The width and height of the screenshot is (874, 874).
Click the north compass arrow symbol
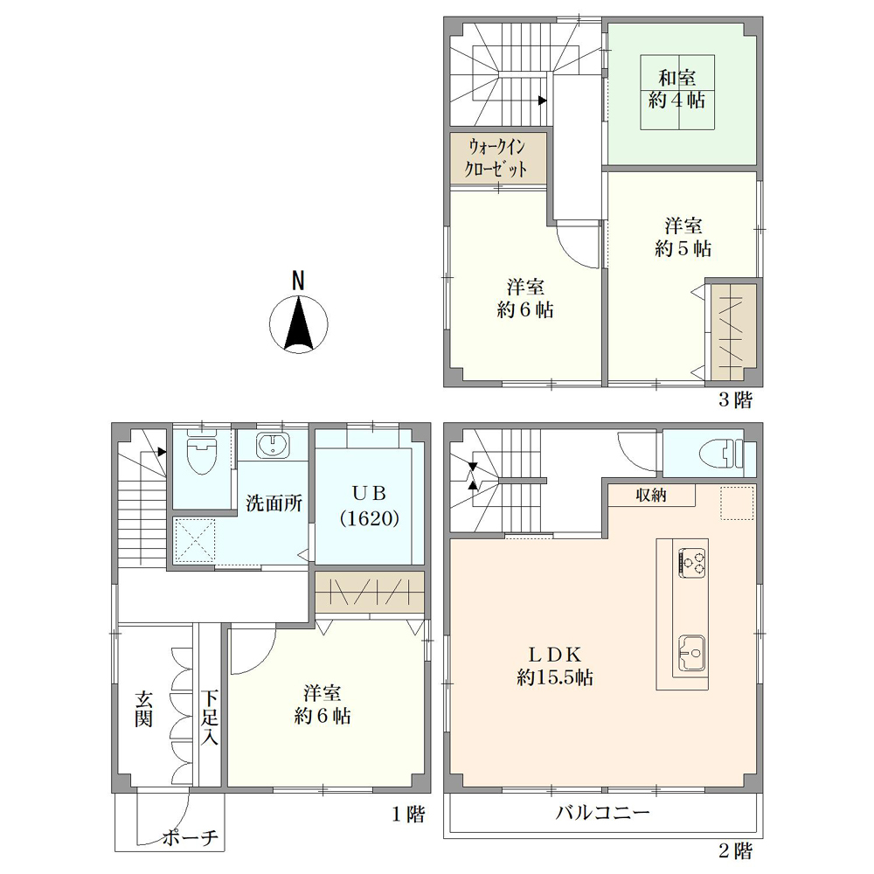click(298, 324)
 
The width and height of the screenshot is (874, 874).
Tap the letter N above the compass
click(299, 281)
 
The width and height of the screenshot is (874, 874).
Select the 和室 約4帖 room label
click(677, 89)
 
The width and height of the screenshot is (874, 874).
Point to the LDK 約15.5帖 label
click(555, 665)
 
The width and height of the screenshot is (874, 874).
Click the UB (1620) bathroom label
click(370, 506)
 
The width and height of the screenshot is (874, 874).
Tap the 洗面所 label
click(274, 503)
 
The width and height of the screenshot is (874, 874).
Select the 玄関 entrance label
click(143, 709)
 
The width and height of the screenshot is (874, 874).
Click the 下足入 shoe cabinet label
click(210, 718)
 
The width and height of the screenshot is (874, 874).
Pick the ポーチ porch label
click(191, 838)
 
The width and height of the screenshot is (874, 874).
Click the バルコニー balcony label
click(602, 812)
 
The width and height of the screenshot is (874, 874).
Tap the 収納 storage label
click(651, 495)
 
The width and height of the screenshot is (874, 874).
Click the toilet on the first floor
click(201, 452)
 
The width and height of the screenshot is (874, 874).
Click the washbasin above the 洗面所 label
click(272, 446)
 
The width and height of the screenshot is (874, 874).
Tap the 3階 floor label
click(735, 399)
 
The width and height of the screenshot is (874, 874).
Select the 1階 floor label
click(408, 815)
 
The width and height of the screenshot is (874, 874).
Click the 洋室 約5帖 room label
click(683, 237)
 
